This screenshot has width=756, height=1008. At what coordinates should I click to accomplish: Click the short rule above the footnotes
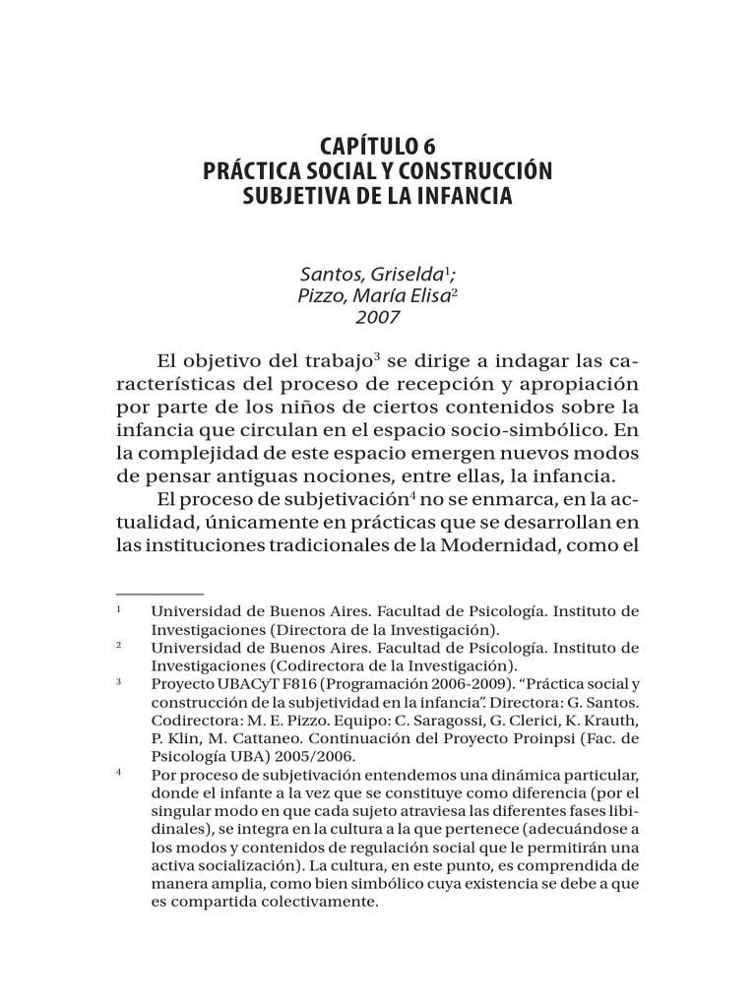pyautogui.click(x=159, y=594)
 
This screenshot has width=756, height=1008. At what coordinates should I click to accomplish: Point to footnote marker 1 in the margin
pyautogui.click(x=118, y=610)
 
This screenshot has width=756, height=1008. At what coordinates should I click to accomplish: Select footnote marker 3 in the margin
pyautogui.click(x=118, y=681)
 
